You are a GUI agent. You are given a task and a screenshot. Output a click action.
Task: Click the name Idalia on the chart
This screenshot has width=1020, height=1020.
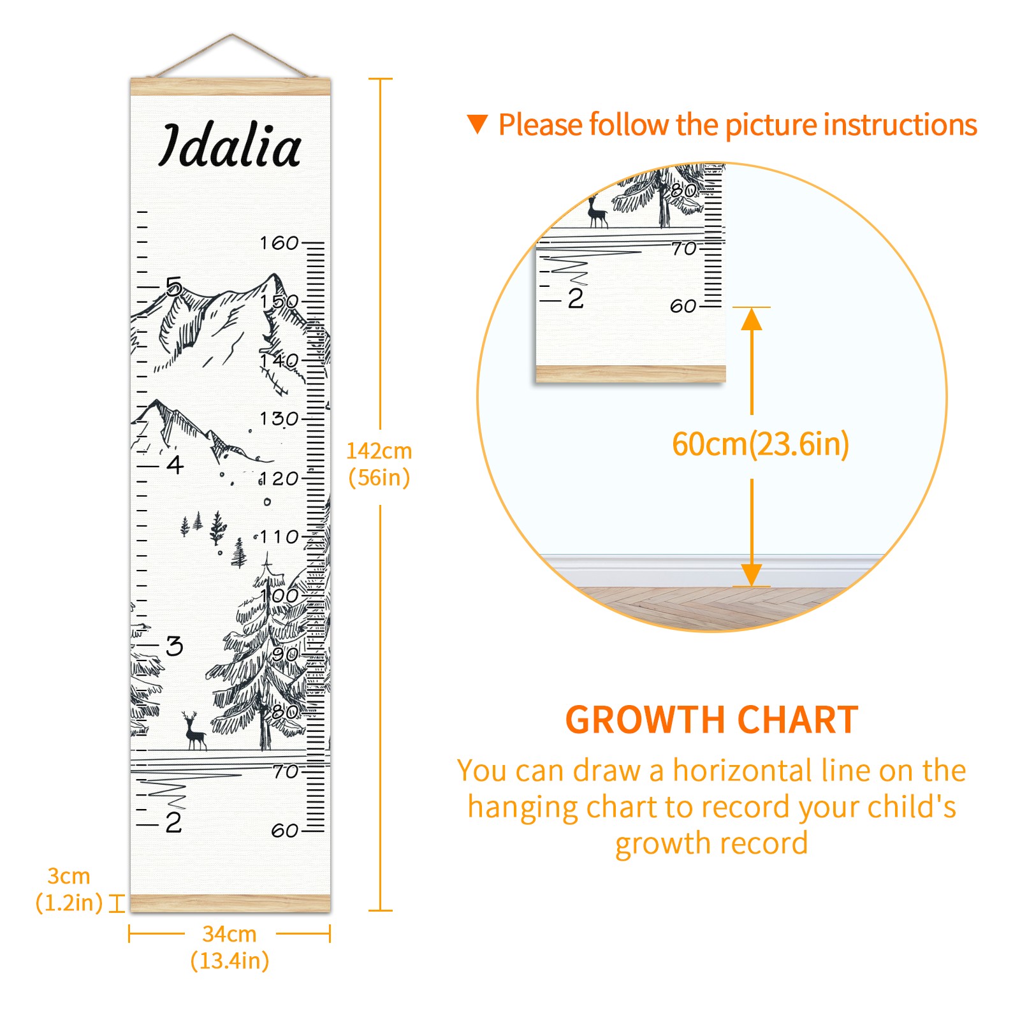[x=229, y=146]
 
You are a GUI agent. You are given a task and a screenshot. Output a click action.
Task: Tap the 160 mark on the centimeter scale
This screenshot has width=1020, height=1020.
[x=279, y=243]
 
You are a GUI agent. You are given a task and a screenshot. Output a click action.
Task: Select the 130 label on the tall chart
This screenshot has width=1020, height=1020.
[x=279, y=419]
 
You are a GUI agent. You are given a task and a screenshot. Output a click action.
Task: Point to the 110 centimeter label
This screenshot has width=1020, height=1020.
[x=279, y=537]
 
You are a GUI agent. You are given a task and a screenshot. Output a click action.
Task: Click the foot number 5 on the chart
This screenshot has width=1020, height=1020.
[x=174, y=287]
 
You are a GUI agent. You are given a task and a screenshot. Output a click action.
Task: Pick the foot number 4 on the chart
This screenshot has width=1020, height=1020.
[x=175, y=465]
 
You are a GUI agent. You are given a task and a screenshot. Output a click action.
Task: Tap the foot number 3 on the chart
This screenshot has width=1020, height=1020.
[x=175, y=646]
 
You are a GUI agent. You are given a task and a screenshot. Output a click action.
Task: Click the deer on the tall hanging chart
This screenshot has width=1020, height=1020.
[x=194, y=732]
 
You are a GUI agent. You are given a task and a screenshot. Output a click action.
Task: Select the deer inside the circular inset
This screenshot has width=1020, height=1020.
[x=597, y=212]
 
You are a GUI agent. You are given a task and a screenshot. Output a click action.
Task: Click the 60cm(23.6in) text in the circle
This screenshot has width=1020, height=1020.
[x=761, y=444]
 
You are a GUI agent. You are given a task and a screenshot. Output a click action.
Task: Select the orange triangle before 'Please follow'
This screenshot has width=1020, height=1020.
[x=477, y=124]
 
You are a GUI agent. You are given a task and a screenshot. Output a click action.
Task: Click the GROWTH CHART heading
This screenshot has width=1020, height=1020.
[x=711, y=720]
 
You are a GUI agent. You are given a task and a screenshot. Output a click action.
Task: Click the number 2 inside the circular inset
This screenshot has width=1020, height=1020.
[x=576, y=298]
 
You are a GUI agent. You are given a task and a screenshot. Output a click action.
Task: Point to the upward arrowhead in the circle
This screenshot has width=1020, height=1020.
[x=752, y=319]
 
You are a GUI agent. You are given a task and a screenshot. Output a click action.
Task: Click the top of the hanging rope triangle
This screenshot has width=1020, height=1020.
[x=232, y=35]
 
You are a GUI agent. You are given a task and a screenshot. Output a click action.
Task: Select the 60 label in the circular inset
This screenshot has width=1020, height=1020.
[x=683, y=306]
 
